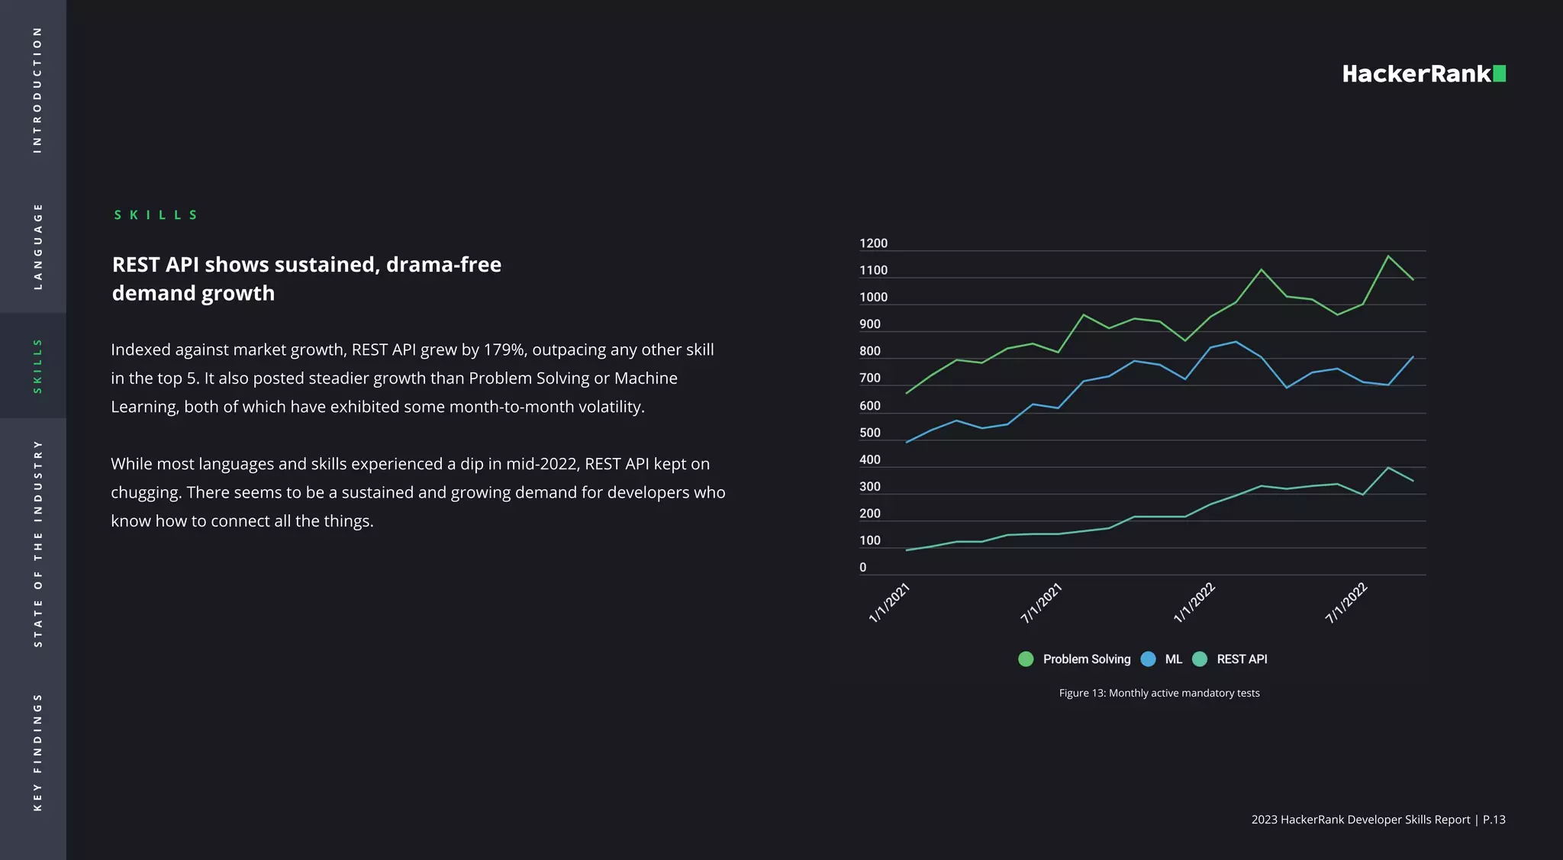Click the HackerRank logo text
pos(1416,74)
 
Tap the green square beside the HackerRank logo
pos(1499,73)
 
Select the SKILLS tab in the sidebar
pos(37,366)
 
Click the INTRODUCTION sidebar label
pos(37,90)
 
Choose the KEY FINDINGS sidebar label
pos(37,752)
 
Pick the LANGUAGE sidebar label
pos(37,246)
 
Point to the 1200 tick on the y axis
pos(873,243)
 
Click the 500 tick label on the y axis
pos(869,433)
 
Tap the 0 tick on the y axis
pos(862,567)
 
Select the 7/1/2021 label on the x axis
pos(1042,603)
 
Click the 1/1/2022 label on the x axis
pos(1194,603)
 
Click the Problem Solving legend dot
pos(1026,659)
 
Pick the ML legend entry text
pos(1173,659)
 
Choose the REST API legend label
pos(1241,659)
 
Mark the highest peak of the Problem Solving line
pos(1387,256)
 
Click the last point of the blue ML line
pos(1413,356)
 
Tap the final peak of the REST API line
pos(1387,467)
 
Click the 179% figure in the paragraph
pos(504,349)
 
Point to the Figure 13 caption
pos(1159,693)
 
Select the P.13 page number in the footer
pos(1494,820)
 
